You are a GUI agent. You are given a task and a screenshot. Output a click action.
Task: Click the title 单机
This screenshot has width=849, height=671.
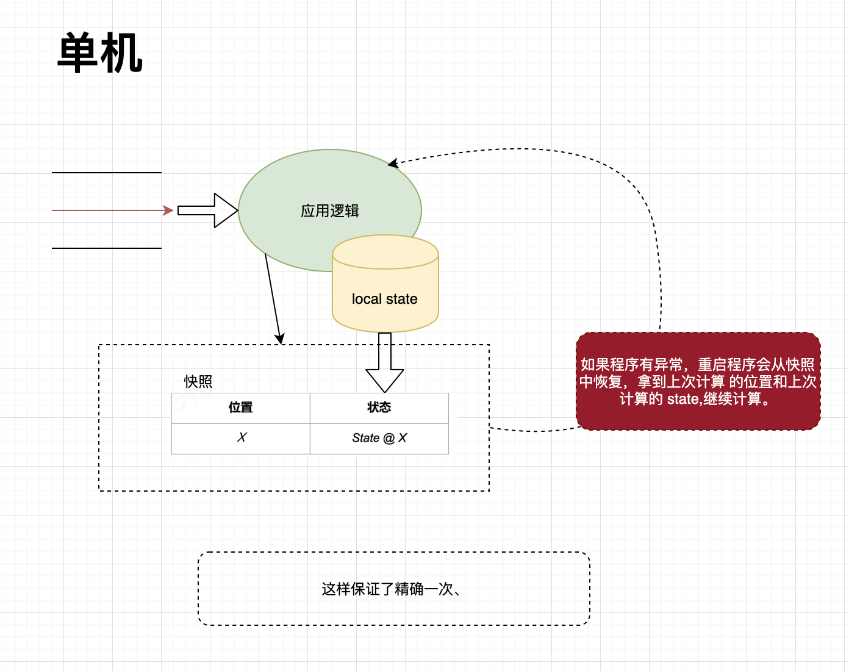[x=100, y=54]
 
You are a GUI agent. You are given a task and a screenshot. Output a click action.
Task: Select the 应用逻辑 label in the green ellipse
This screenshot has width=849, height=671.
[x=330, y=211]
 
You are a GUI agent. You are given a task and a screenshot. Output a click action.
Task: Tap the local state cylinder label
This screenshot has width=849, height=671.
[x=384, y=299]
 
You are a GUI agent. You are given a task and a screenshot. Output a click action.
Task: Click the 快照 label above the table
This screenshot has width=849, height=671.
[x=198, y=382]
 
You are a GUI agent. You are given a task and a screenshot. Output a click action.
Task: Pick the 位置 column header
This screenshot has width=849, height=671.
[x=241, y=407]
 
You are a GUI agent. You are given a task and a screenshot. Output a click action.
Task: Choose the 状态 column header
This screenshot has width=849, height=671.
[x=379, y=407]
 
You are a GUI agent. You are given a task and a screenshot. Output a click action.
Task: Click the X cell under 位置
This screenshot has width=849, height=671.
[x=242, y=438]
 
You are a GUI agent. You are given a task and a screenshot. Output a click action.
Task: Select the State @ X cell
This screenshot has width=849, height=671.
[x=379, y=438]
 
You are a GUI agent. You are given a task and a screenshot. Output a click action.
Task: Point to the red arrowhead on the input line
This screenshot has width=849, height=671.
[x=168, y=210]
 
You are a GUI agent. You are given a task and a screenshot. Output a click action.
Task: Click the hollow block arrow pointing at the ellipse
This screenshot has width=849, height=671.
[x=208, y=210]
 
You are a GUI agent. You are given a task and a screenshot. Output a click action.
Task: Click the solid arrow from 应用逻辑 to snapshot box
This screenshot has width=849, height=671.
[x=273, y=299]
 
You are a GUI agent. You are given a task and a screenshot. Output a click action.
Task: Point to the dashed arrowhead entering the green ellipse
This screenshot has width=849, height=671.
[x=393, y=163]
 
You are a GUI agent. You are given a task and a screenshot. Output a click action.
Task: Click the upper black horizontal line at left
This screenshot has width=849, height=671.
[x=107, y=173]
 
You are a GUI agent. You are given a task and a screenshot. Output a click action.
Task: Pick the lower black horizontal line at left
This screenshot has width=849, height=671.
[x=107, y=248]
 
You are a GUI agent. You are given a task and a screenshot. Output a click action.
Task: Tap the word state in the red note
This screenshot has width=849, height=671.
[x=682, y=400]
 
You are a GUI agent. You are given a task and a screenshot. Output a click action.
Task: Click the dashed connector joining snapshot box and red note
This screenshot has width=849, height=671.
[x=535, y=431]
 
